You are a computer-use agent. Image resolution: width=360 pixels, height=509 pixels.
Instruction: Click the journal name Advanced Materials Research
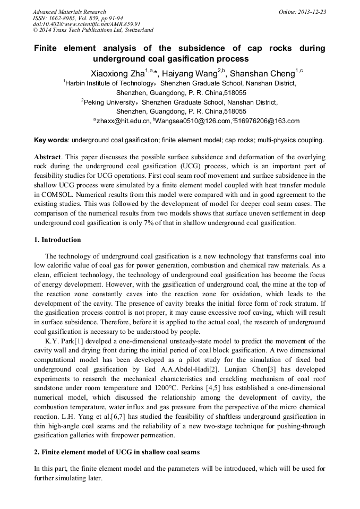coord(70,12)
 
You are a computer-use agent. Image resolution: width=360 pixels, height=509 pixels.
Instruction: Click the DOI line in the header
coord(87,24)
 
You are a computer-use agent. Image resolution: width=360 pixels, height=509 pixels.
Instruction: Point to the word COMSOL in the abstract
coord(56,195)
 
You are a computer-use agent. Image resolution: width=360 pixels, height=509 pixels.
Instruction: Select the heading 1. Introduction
coord(57,240)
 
